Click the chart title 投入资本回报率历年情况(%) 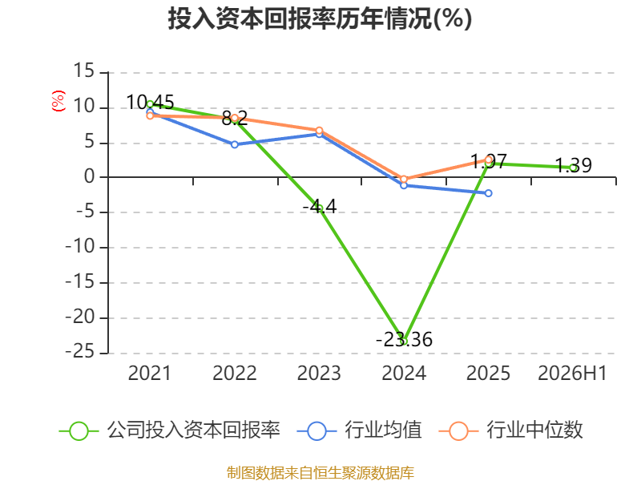pos(320,18)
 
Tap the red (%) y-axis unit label pos(58,101)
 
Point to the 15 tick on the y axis pos(84,71)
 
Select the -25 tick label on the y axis pos(80,352)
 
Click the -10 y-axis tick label pos(80,247)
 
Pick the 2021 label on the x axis pos(149,374)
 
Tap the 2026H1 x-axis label pos(572,374)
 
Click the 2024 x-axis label pos(404,374)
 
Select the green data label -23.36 pos(404,339)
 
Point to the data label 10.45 pos(150,103)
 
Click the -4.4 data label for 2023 pos(320,207)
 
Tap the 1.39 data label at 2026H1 pos(573,165)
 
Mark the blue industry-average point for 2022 pos(235,144)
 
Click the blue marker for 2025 pos(489,193)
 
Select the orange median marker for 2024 pos(404,179)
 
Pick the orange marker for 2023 pos(319,131)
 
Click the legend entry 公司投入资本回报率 pos(170,430)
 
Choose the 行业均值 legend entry pos(359,430)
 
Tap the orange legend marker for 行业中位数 pos(458,431)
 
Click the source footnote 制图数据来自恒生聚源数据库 pos(320,473)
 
